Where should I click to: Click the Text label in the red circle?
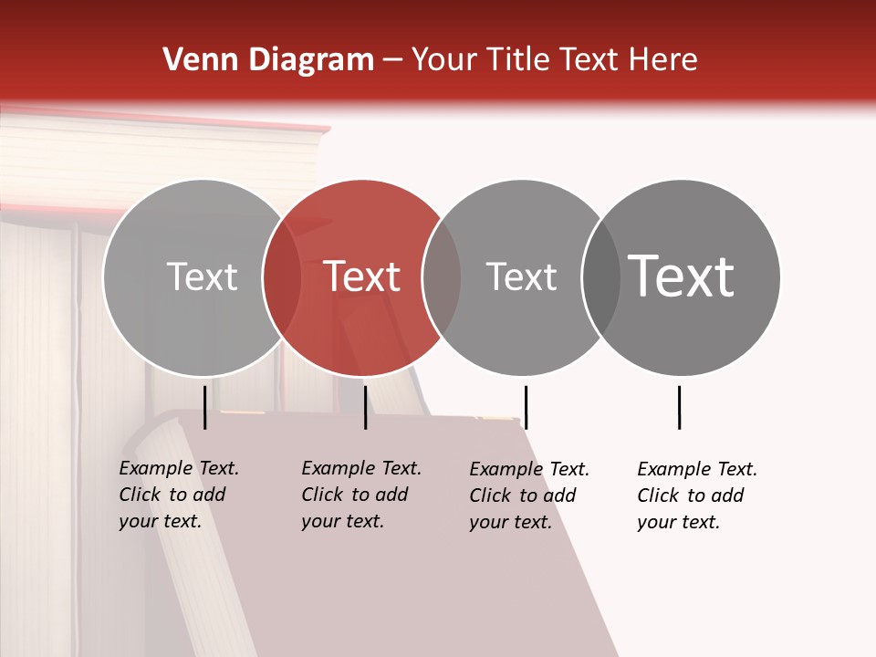[362, 276]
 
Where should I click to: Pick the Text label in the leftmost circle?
[202, 276]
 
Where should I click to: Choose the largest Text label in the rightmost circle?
[681, 276]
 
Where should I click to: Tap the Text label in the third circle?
[521, 276]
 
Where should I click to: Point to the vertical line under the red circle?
[365, 407]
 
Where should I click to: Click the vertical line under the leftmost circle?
[205, 407]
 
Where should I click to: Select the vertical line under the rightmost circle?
[679, 407]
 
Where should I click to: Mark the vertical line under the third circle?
[526, 407]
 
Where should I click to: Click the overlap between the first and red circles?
[282, 276]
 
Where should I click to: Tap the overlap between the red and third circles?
[442, 276]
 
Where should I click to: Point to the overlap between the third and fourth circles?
[600, 276]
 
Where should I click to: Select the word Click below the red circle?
[322, 495]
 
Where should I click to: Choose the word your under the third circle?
[488, 523]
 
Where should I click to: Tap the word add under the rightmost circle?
[728, 495]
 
